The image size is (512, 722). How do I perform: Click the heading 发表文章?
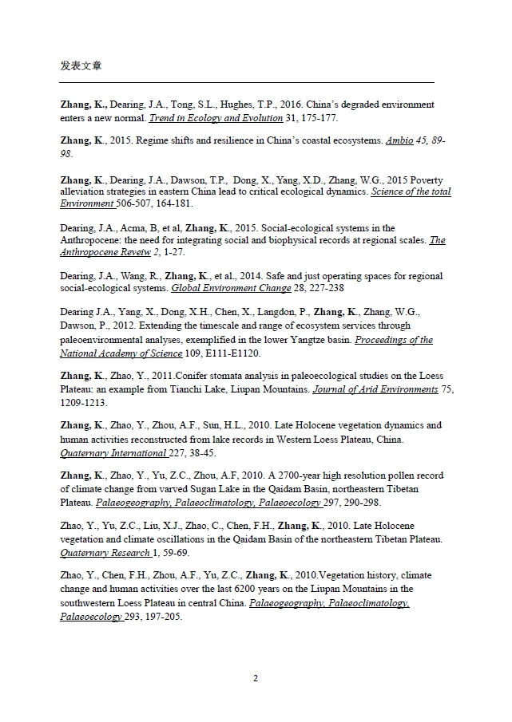[81, 65]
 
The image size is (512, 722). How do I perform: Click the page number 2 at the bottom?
[256, 679]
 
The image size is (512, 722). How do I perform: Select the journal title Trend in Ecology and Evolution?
[216, 118]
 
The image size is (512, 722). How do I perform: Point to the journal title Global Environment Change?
[225, 288]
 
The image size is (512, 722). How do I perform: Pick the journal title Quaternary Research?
[105, 552]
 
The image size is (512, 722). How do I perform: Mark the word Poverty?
[426, 180]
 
